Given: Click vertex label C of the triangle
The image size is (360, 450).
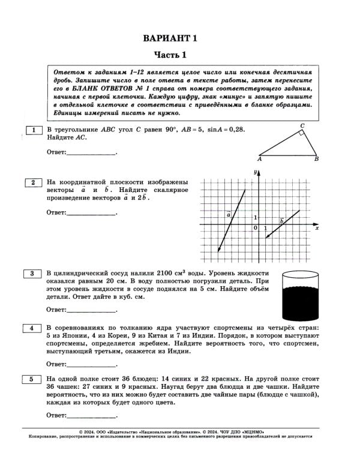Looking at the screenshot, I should (302, 125).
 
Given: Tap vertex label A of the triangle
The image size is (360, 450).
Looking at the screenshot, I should (259, 160).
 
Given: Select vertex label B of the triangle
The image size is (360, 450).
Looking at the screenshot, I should (316, 160).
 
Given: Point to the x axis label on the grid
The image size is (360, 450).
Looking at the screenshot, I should (316, 229).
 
